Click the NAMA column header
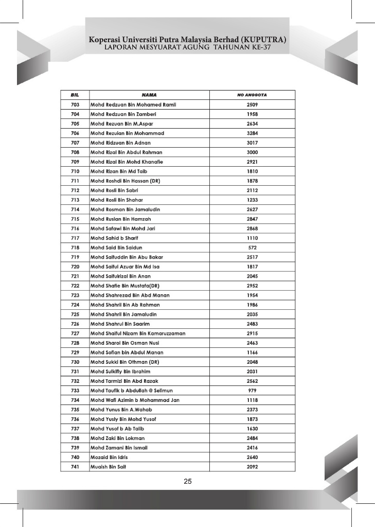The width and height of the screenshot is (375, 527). pyautogui.click(x=149, y=95)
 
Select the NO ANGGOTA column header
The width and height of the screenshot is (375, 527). pyautogui.click(x=252, y=95)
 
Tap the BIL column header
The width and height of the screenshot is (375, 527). pyautogui.click(x=75, y=95)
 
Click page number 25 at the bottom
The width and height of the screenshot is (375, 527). pyautogui.click(x=188, y=482)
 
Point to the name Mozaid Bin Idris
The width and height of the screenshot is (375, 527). pyautogui.click(x=110, y=457)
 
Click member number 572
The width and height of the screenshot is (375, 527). pyautogui.click(x=252, y=248)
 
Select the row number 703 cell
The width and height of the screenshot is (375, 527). pyautogui.click(x=75, y=105)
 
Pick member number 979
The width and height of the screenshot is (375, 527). pyautogui.click(x=252, y=391)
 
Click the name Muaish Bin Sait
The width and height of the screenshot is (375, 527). pyautogui.click(x=109, y=467)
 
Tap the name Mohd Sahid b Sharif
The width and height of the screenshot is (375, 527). pyautogui.click(x=114, y=238)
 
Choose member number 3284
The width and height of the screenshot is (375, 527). pyautogui.click(x=252, y=133)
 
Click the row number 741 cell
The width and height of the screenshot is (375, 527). pyautogui.click(x=75, y=467)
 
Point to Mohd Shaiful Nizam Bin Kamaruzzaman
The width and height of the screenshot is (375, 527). pyautogui.click(x=138, y=333)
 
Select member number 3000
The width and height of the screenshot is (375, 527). pyautogui.click(x=252, y=152)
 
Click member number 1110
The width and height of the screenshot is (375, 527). pyautogui.click(x=252, y=238)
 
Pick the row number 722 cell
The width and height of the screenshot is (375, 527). pyautogui.click(x=75, y=286)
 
